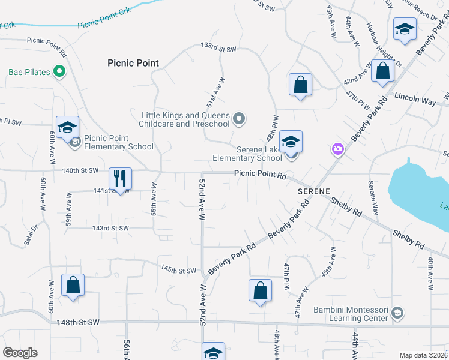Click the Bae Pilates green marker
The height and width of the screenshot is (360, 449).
coord(59,73)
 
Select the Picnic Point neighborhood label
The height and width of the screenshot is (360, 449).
coord(133,63)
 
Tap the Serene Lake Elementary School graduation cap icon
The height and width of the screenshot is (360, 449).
coord(291,142)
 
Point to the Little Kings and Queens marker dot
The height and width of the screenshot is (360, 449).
coord(240,119)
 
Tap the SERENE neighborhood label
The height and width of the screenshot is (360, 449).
coord(313,190)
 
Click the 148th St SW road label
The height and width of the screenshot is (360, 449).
coord(77,323)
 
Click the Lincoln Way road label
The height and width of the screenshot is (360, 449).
coord(415,99)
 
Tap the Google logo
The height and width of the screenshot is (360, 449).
coord(20,353)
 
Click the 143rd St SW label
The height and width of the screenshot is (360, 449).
coord(110,228)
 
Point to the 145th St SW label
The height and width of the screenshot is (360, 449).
coord(178,270)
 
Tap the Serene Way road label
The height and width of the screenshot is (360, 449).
coord(373,199)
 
